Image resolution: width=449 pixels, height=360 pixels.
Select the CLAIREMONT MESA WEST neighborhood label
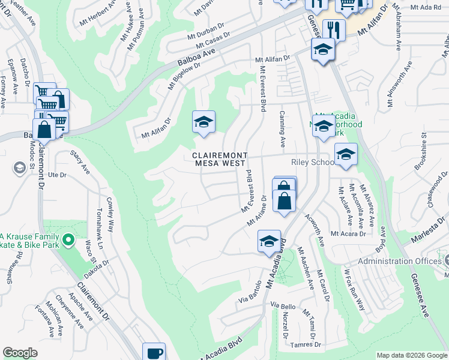coord(218,159)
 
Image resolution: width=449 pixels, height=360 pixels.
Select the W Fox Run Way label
coord(354,290)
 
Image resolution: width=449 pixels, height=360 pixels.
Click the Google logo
coord(20,353)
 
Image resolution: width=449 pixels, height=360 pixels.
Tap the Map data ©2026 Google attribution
coord(411,355)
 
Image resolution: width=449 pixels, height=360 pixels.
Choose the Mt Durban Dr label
coord(205,31)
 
